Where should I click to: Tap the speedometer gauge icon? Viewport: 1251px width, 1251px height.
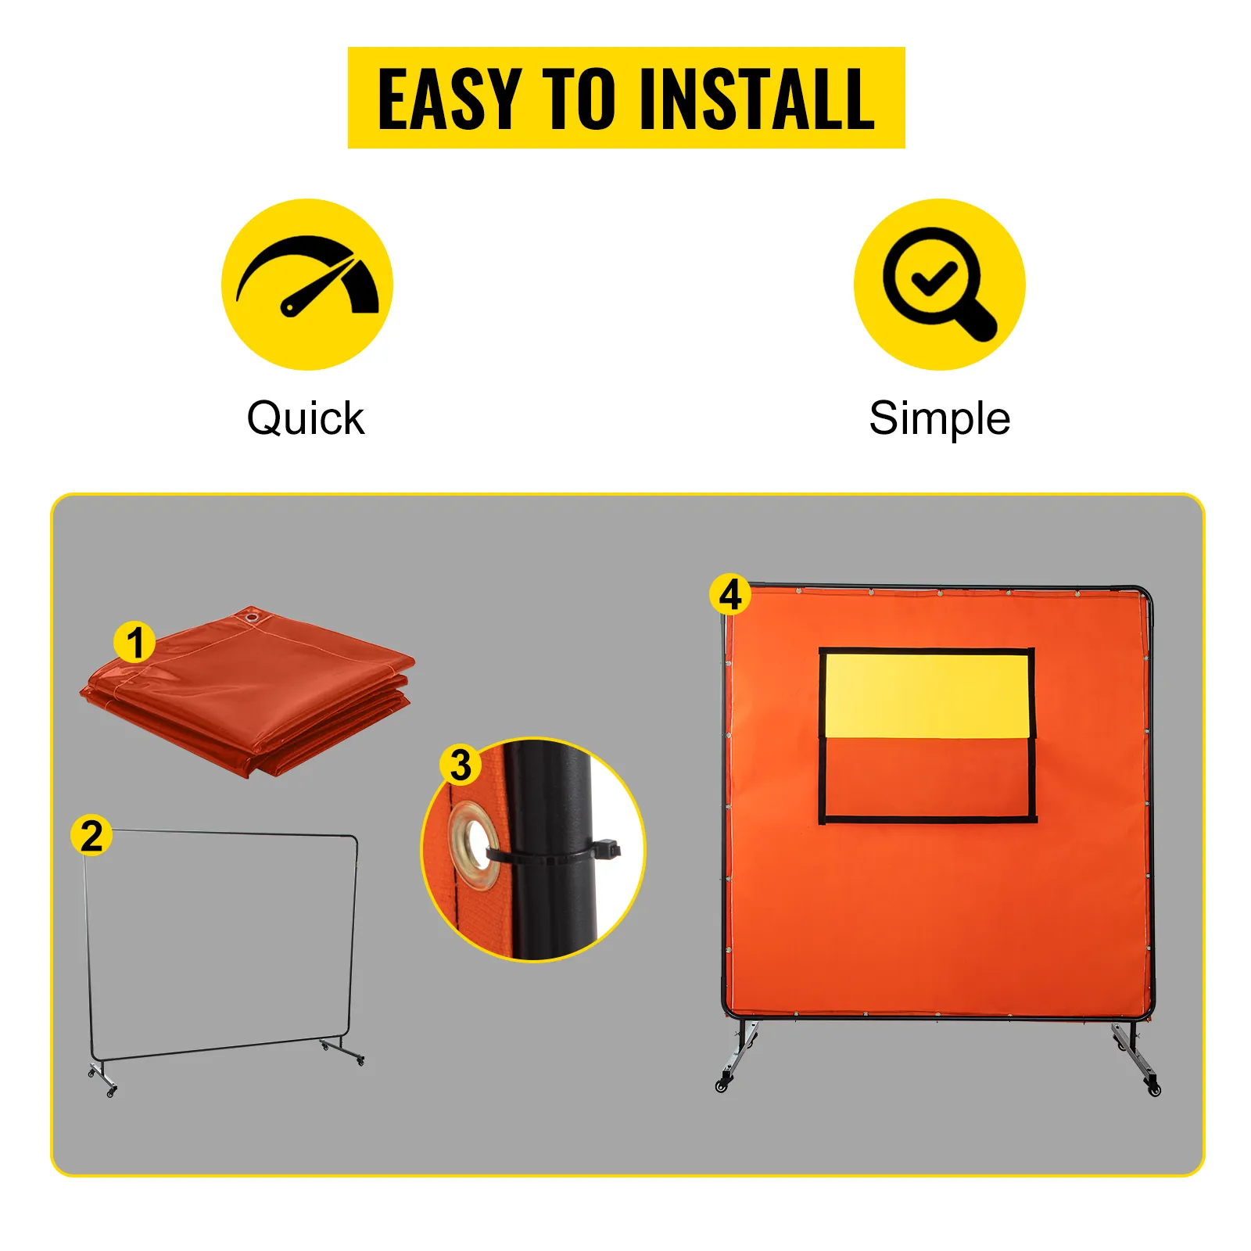pyautogui.click(x=307, y=284)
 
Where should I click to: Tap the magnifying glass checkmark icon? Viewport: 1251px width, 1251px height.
pyautogui.click(x=939, y=284)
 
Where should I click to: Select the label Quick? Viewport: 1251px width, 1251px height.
pyautogui.click(x=305, y=418)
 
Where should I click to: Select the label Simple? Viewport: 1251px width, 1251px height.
pyautogui.click(x=939, y=418)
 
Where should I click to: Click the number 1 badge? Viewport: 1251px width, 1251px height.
pyautogui.click(x=134, y=643)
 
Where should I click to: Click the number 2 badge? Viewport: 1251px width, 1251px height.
pyautogui.click(x=91, y=836)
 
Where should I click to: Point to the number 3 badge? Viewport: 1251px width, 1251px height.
pyautogui.click(x=461, y=765)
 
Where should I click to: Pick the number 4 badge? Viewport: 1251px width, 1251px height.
pyautogui.click(x=729, y=595)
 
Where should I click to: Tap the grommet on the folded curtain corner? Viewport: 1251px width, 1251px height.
pyautogui.click(x=252, y=618)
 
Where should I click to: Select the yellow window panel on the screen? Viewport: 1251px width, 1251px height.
pyautogui.click(x=927, y=695)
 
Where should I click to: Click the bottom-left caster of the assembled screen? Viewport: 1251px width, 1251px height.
pyautogui.click(x=722, y=1085)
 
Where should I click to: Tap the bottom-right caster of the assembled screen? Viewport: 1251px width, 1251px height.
pyautogui.click(x=1155, y=1089)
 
